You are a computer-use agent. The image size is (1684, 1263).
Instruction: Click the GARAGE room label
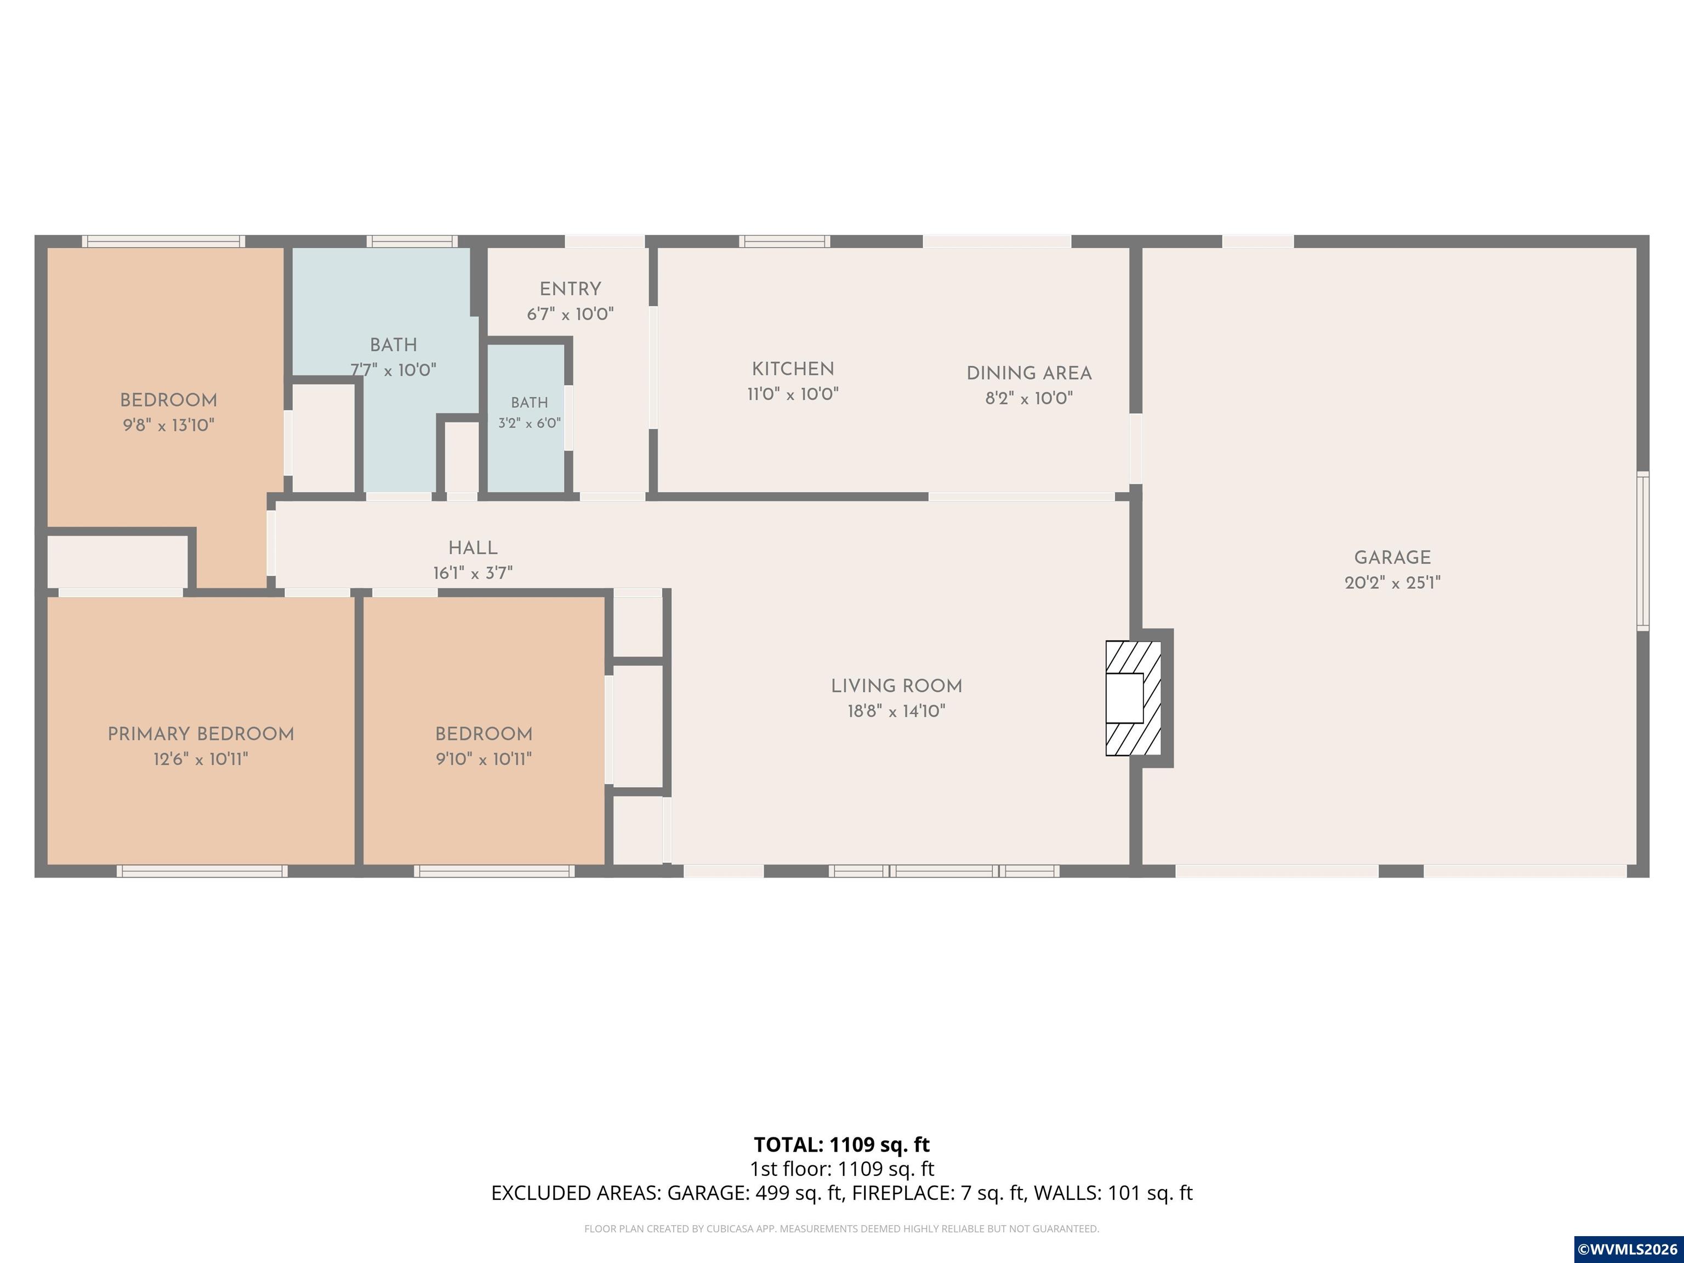coord(1392,558)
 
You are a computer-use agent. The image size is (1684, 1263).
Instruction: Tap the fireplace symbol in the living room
coord(1133,698)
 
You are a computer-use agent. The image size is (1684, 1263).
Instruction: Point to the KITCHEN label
coord(793,369)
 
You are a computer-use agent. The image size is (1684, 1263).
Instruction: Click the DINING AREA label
coord(1029,374)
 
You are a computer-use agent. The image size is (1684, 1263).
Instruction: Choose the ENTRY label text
coord(570,289)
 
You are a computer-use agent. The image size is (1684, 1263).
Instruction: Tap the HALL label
coord(473,548)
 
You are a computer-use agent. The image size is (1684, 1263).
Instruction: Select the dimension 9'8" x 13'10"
coord(168,425)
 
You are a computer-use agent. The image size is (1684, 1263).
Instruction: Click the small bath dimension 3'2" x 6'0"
coord(529,423)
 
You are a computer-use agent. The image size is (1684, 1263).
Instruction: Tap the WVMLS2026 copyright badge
coord(1627,1249)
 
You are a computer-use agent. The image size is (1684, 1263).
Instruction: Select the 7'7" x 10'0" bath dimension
coord(393,371)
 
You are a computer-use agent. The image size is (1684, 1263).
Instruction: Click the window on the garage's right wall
coord(1643,551)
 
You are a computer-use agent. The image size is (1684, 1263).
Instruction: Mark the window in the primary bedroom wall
coord(202,871)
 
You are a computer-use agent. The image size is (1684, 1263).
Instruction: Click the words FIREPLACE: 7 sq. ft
coord(900,1193)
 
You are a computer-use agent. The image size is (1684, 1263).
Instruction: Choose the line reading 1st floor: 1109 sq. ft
coord(841,1169)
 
